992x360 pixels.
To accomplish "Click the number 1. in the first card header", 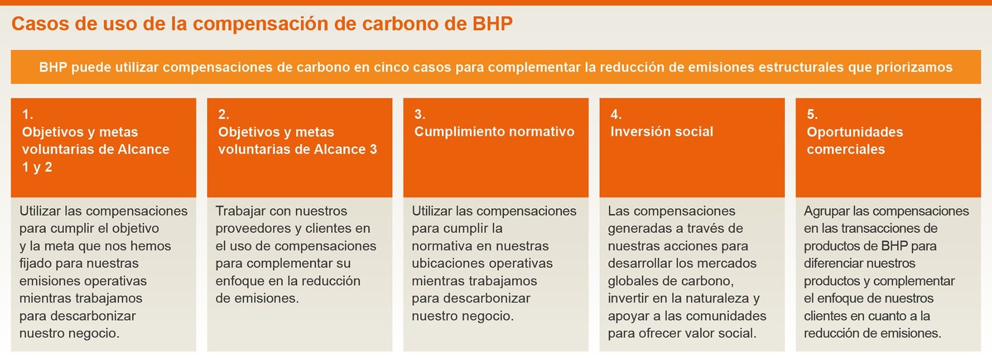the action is point(27,114).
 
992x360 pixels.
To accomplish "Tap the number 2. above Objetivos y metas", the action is point(224,114).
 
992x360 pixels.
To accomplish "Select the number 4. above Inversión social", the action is point(616,114).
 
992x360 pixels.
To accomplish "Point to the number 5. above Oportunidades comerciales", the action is point(812,114).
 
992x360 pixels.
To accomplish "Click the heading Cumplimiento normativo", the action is point(494,132).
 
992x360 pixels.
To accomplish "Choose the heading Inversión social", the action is point(662,132).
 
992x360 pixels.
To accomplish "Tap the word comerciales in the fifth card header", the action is point(846,149).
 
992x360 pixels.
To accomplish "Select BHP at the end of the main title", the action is point(492,24).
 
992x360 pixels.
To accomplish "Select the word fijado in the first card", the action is point(36,263).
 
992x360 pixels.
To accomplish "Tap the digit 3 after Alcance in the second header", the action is point(373,149).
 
